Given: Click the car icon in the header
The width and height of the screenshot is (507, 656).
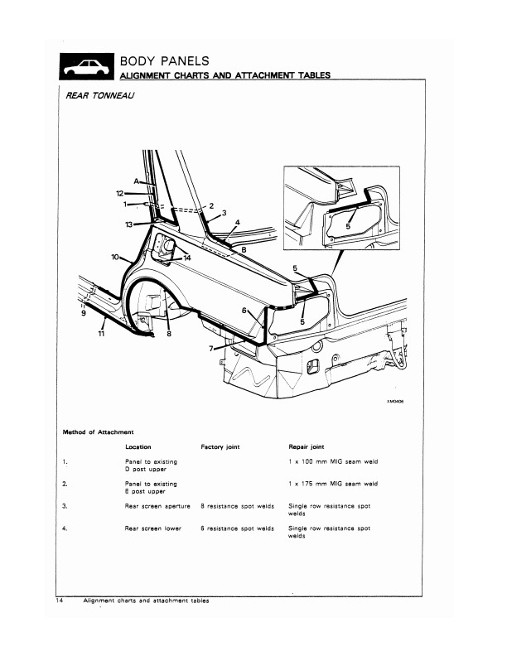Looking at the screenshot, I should (x=85, y=66).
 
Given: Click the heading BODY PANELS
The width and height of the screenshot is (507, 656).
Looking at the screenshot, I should (x=164, y=60).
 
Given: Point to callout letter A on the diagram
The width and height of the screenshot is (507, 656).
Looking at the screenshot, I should (x=137, y=181).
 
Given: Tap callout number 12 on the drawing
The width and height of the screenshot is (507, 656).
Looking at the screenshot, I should (x=119, y=192).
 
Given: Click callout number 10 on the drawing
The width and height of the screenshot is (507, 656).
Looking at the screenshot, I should (x=115, y=257).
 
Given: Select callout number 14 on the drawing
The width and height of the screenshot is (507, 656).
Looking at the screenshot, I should (x=187, y=258).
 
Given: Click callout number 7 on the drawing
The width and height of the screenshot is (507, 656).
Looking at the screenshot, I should (x=212, y=349).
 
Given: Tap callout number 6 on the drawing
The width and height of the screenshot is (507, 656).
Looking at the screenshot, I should (x=244, y=310).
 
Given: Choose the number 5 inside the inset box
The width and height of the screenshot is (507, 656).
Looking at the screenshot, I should (x=349, y=224).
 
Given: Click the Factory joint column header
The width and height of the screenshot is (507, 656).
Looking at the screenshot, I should (x=220, y=446).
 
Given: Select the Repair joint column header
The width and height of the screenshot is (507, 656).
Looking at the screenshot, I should (x=303, y=446).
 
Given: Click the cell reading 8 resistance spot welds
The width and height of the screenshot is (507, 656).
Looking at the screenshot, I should (x=237, y=505).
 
